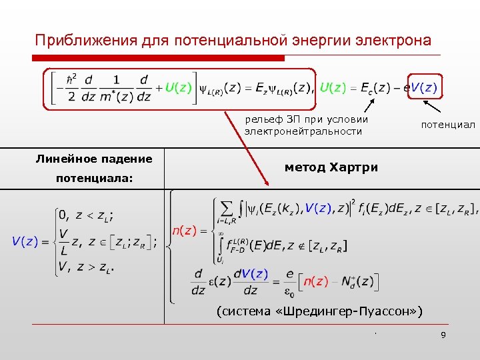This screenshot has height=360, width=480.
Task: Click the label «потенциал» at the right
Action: tap(447, 125)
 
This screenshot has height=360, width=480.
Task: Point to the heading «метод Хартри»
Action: tap(331, 167)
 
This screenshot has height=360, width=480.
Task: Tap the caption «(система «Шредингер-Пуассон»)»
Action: tap(321, 311)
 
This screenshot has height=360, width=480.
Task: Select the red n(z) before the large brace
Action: tap(184, 231)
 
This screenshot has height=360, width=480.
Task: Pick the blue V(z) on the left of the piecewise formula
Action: tap(25, 242)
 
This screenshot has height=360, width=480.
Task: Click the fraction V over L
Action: tap(63, 242)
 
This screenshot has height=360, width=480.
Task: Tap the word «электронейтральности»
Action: tap(303, 131)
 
